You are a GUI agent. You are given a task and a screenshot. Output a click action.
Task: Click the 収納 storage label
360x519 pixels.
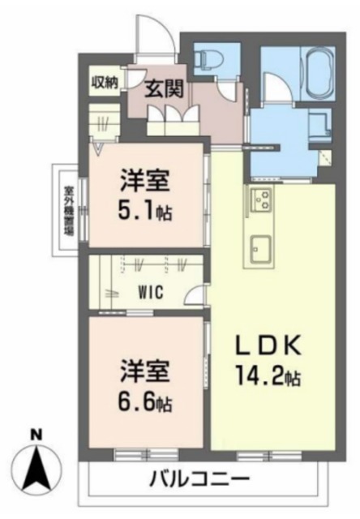pos(105,81)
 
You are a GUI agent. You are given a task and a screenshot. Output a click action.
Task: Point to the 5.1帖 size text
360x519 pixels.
pos(147,213)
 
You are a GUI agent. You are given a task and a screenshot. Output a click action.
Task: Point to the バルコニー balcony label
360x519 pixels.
pos(199,478)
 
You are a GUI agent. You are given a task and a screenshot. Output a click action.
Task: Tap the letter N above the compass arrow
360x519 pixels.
pos(36,435)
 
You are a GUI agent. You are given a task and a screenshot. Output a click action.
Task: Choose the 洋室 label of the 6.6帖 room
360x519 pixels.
pos(146,370)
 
